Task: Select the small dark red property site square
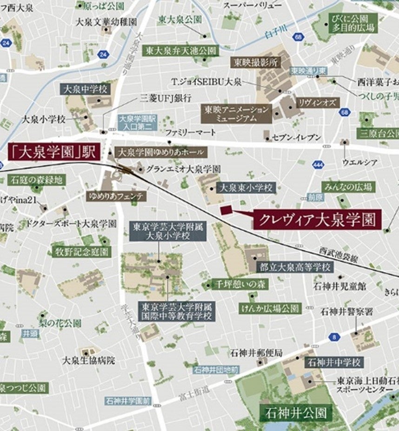pyautogui.click(x=226, y=210)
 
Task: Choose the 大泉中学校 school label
pyautogui.click(x=85, y=89)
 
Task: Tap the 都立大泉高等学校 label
pyautogui.click(x=294, y=267)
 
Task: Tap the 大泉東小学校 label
pyautogui.click(x=247, y=187)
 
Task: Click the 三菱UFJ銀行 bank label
pyautogui.click(x=165, y=99)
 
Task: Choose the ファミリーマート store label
pyautogui.click(x=191, y=133)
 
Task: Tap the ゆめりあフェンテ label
pyautogui.click(x=116, y=196)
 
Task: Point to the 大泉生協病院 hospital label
pyautogui.click(x=89, y=360)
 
